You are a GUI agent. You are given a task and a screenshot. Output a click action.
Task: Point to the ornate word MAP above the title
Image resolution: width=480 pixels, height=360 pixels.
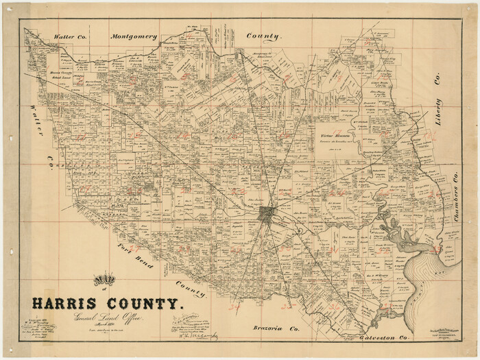101,280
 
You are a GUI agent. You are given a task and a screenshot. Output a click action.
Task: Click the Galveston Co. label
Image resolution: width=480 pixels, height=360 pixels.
384,339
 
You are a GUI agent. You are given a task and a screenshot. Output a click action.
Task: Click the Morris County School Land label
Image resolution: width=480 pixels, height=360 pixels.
47,73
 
